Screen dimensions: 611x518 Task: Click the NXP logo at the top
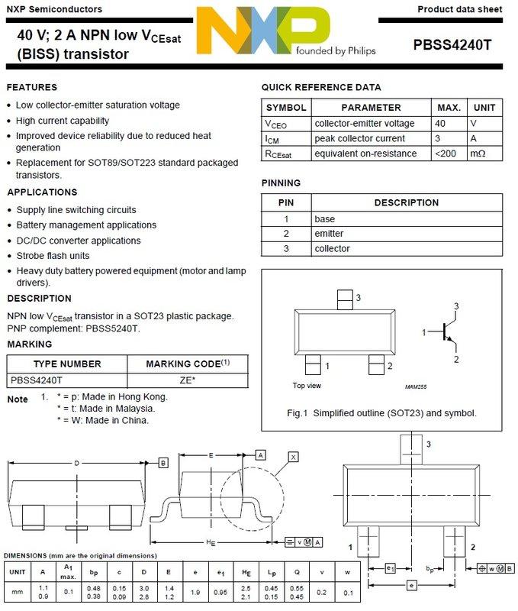(263, 35)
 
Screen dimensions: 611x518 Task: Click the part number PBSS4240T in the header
(452, 45)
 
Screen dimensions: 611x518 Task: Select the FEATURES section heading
(32, 87)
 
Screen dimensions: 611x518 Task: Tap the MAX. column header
(449, 108)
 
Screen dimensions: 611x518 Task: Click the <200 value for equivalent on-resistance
(448, 154)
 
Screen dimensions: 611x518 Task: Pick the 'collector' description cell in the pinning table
(332, 249)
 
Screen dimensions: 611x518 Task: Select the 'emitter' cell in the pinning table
(329, 234)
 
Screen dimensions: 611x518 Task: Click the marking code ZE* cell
(187, 380)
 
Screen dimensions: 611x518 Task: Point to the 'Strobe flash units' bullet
(53, 256)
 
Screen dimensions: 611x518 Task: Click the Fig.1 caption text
(381, 413)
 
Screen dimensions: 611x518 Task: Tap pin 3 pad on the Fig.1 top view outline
(345, 298)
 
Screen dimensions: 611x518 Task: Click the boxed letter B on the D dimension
(163, 463)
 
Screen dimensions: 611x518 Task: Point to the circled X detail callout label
(293, 457)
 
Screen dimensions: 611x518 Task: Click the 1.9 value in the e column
(195, 592)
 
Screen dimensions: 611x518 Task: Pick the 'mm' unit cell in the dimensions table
(17, 592)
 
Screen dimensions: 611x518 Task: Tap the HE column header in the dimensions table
(246, 571)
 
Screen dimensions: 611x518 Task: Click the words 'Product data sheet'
(460, 8)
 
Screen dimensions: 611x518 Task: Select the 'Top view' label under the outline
(308, 386)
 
